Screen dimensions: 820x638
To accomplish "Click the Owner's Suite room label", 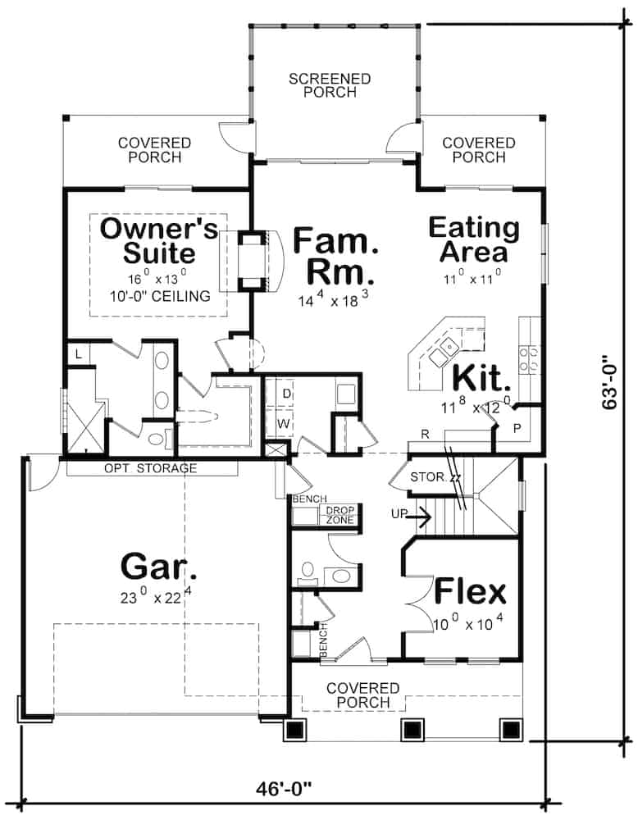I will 158,240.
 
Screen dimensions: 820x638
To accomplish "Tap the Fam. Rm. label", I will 335,255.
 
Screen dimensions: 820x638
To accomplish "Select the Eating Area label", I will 474,240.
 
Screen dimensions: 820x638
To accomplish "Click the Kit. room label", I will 481,378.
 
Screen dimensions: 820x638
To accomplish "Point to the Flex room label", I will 470,591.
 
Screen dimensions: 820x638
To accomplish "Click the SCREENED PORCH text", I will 330,85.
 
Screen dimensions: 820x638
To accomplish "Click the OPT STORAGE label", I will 150,468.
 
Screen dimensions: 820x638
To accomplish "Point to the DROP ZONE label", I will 340,515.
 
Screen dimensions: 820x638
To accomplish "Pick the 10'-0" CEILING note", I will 158,295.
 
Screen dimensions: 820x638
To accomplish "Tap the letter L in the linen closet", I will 78,354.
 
